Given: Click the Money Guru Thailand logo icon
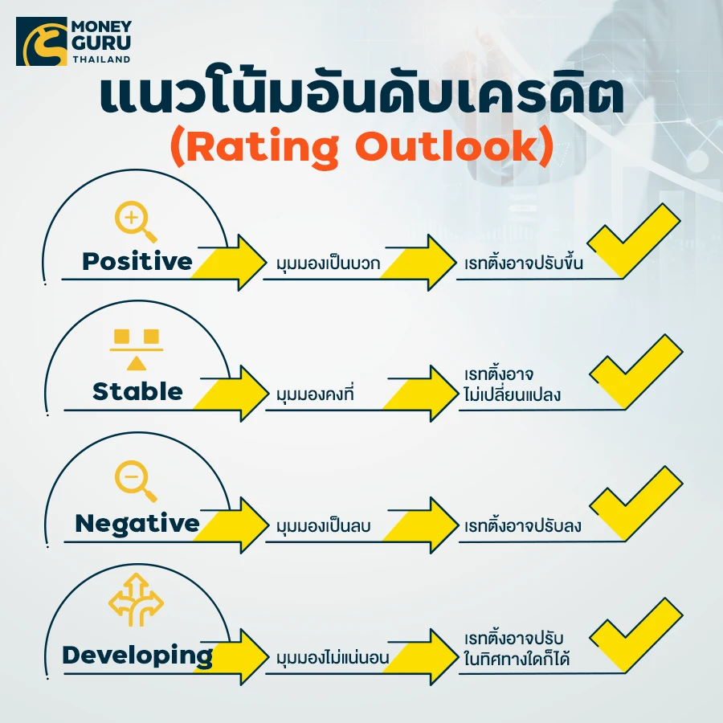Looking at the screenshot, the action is pyautogui.click(x=42, y=42).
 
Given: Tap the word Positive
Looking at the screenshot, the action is pyautogui.click(x=137, y=261).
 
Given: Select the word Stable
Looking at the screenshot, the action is pyautogui.click(x=137, y=391).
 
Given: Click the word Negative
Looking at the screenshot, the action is pyautogui.click(x=137, y=525).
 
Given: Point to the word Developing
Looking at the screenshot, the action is pyautogui.click(x=137, y=656).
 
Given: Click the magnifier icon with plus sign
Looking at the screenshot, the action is pyautogui.click(x=136, y=222).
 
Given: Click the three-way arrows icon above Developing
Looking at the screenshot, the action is pyautogui.click(x=136, y=599).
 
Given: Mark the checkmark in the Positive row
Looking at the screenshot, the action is pyautogui.click(x=634, y=241).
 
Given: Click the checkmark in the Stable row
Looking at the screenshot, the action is pyautogui.click(x=636, y=372).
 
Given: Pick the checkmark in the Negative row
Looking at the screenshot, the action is pyautogui.click(x=636, y=503).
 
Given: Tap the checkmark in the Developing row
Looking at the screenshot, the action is pyautogui.click(x=636, y=635).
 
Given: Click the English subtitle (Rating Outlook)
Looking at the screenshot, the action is pyautogui.click(x=362, y=148).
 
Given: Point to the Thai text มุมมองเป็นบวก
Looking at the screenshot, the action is pyautogui.click(x=329, y=263).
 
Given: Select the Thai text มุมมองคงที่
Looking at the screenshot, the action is pyautogui.click(x=315, y=394).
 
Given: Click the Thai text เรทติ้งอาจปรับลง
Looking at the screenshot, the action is pyautogui.click(x=522, y=525).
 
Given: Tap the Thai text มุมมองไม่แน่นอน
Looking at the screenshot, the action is pyautogui.click(x=333, y=656).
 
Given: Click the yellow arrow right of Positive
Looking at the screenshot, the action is pyautogui.click(x=229, y=263).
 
